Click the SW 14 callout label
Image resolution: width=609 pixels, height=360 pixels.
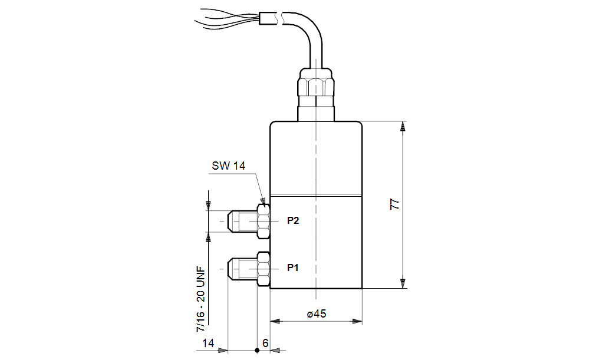point(228,166)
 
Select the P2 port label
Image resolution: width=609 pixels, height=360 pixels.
point(293,220)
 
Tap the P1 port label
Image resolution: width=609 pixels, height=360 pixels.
point(293,267)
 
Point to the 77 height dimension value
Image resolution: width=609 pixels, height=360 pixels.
point(394,204)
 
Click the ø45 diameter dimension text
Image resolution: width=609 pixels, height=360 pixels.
point(317,314)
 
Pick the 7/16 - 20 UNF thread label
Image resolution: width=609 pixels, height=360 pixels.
point(201,299)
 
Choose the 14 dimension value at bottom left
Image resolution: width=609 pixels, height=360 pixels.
point(208,344)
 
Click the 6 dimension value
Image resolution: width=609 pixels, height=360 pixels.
point(265,344)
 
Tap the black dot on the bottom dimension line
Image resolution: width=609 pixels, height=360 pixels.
point(256,351)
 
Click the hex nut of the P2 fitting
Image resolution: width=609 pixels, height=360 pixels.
point(264,221)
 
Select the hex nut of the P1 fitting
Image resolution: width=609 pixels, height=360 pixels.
point(264,269)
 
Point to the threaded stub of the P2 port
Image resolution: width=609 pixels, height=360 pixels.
point(242,221)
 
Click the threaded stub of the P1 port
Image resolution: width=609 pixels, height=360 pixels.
point(242,269)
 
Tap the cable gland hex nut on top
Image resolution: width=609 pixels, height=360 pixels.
point(316,86)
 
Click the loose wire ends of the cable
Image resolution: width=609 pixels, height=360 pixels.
point(227,19)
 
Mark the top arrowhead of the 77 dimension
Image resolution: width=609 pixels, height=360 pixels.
point(403,126)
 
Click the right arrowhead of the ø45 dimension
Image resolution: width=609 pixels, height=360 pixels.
point(357,321)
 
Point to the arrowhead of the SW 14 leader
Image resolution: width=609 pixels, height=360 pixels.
point(263,201)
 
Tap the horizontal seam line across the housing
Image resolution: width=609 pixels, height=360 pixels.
point(316,196)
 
